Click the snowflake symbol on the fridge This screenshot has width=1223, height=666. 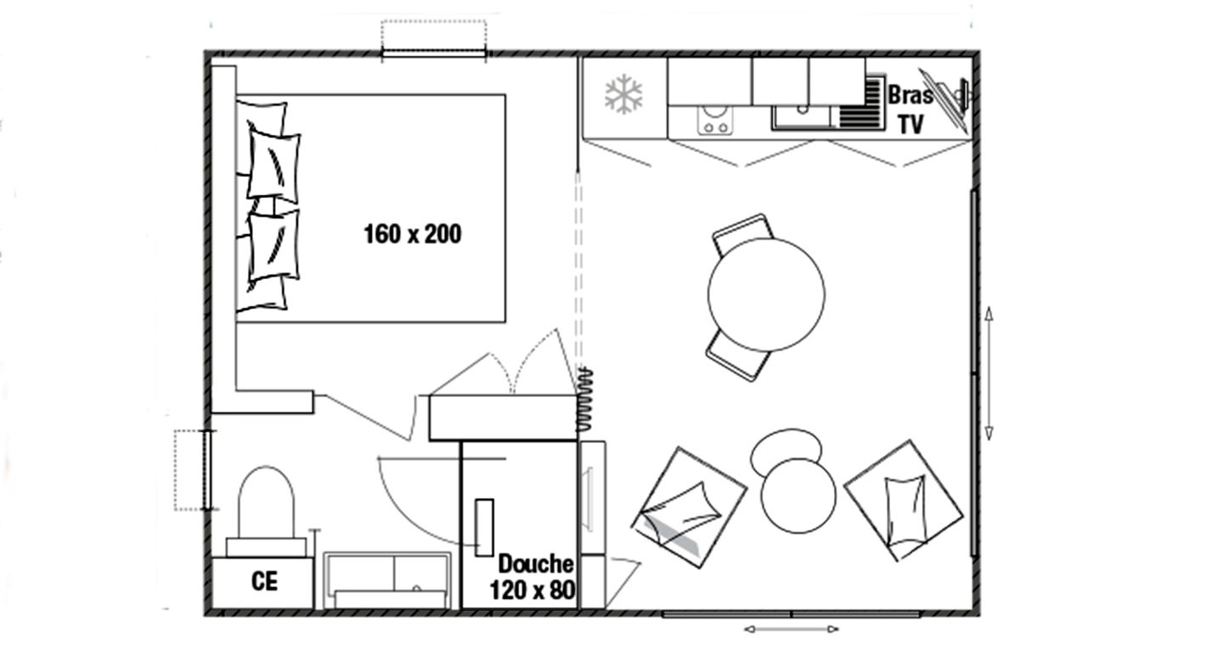tap(623, 94)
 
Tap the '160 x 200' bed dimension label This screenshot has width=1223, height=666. tap(412, 234)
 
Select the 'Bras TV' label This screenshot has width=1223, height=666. tap(910, 109)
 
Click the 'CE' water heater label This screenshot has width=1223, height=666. tap(265, 581)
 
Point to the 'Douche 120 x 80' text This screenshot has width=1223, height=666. tap(533, 577)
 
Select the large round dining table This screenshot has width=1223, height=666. tap(766, 294)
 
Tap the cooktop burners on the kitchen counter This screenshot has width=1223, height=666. tap(715, 120)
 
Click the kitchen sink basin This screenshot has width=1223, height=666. tap(802, 117)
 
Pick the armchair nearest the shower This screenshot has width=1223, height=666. tap(689, 508)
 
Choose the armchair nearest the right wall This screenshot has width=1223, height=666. tap(904, 501)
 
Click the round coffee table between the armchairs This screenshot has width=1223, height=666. tap(798, 495)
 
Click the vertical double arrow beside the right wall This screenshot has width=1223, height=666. tap(989, 373)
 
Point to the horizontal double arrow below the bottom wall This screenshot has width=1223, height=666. tap(792, 630)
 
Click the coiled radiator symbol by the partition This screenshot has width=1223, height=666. tap(584, 400)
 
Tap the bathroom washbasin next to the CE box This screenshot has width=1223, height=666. tap(387, 581)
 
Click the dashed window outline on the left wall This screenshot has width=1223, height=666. tap(190, 470)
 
